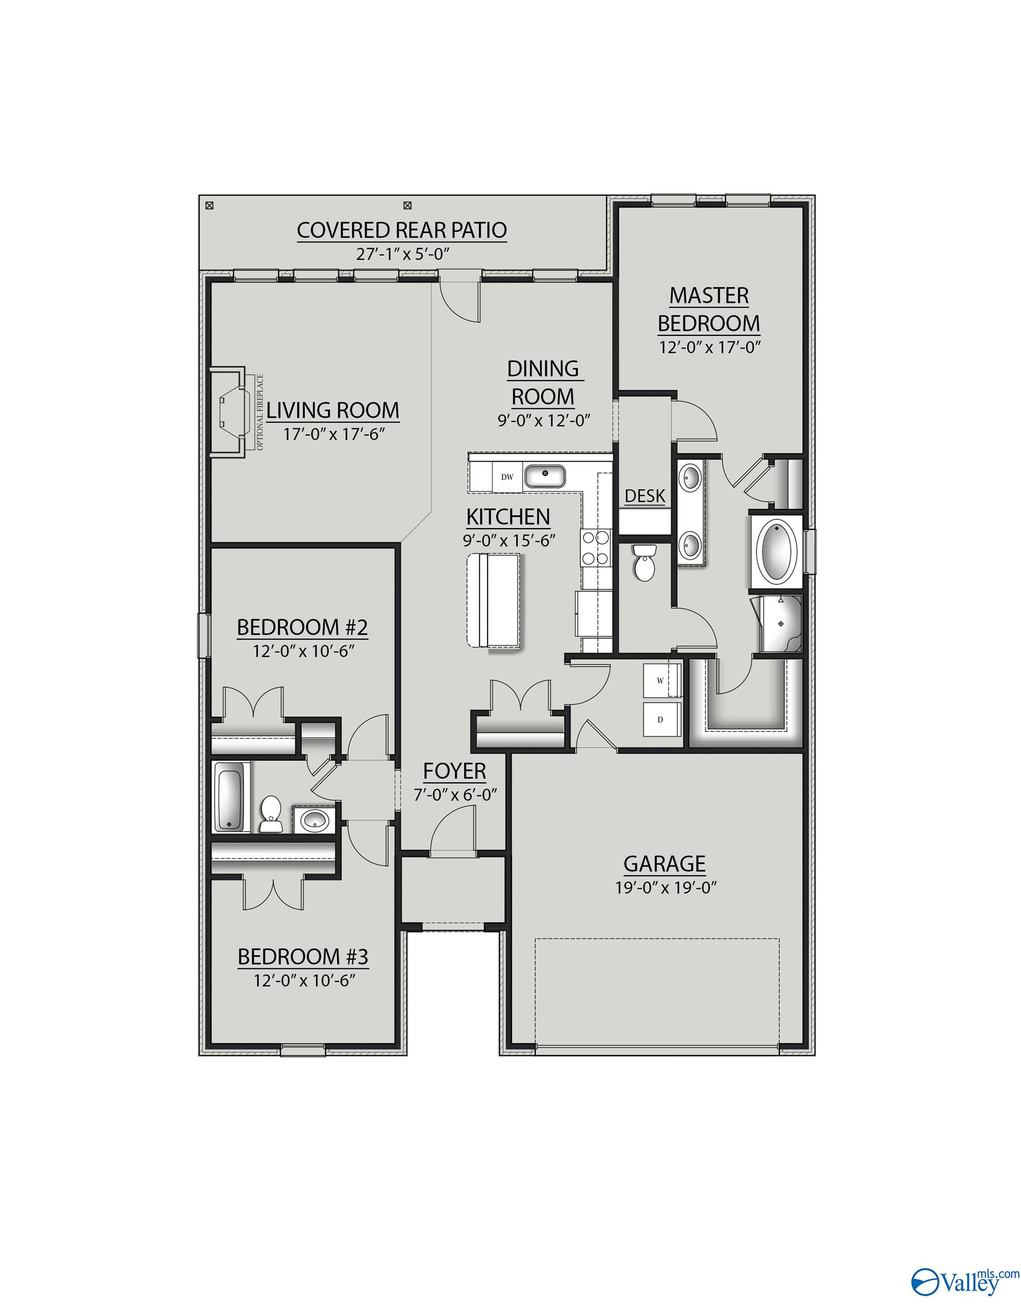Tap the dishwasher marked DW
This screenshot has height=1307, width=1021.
(507, 477)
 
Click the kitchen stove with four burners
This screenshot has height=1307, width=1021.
(595, 548)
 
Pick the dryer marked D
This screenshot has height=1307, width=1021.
(662, 719)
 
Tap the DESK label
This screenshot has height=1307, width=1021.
(645, 496)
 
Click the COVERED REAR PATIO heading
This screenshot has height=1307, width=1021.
(402, 230)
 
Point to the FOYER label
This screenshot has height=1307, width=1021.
(455, 771)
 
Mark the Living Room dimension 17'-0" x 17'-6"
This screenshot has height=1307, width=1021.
(333, 434)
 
